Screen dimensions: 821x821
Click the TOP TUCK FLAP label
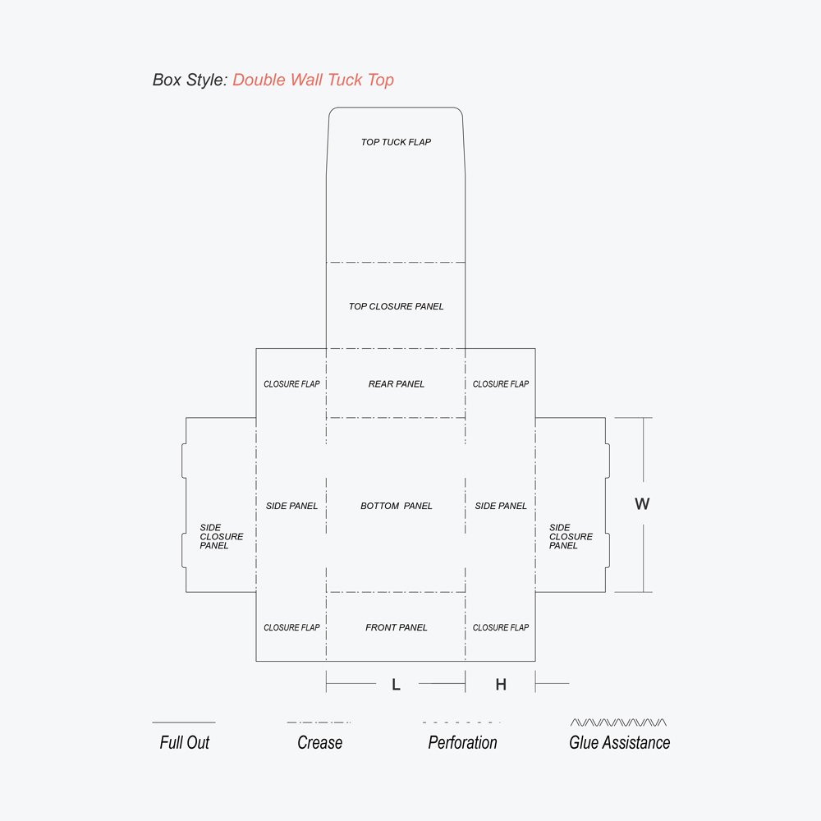[396, 142]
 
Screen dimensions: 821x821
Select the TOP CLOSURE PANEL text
[396, 306]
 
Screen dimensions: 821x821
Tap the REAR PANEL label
[396, 383]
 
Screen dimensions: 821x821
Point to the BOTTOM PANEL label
[396, 506]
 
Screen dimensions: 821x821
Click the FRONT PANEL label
[396, 627]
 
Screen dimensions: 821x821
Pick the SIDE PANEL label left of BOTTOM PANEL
[291, 506]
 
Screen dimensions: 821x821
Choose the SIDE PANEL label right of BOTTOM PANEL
[501, 506]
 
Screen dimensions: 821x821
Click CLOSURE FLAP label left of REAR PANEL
[291, 383]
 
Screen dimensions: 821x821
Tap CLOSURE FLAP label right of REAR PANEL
[501, 383]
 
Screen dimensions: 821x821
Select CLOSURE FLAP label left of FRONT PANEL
[291, 627]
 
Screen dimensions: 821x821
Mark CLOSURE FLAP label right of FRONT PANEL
[501, 627]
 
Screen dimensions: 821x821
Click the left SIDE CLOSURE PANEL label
[221, 536]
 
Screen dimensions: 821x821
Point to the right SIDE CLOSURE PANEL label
[571, 536]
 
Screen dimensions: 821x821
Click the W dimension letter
[642, 504]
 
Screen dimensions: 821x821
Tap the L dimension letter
[396, 685]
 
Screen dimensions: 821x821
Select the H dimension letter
[501, 685]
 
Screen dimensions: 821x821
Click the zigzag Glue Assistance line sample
[618, 722]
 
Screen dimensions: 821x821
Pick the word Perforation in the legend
[462, 742]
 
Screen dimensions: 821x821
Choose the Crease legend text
[319, 742]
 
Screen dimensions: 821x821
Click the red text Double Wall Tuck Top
[313, 80]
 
